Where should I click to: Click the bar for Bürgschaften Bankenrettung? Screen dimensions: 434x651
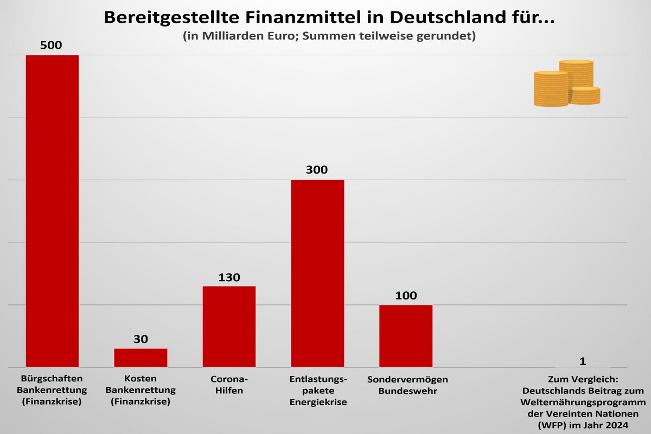coord(52,212)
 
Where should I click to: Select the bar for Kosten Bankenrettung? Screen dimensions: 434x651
coord(141,358)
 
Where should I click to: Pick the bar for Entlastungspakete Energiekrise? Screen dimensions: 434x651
coord(317,273)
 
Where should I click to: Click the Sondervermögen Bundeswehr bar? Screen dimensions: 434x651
coord(406,336)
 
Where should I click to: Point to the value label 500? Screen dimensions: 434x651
coord(52,45)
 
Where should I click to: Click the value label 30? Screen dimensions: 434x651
coord(141,339)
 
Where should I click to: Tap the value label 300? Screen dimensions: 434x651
coord(317,170)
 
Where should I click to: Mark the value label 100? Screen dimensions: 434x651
coord(406,296)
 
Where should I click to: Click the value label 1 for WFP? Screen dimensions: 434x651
coord(583,361)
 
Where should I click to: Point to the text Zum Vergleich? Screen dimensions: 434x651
coord(583,379)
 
